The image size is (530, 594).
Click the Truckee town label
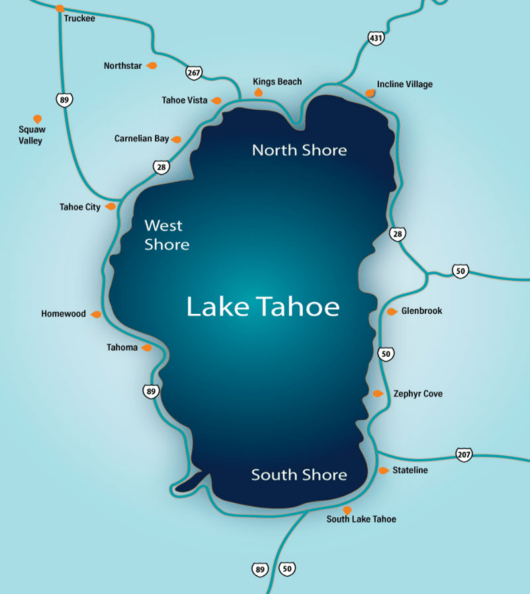(79, 19)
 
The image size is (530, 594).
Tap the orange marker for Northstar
(152, 65)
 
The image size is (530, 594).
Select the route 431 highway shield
(376, 38)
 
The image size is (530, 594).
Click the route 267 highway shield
(193, 73)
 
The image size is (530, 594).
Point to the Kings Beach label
(277, 82)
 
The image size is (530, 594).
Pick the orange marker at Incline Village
(370, 93)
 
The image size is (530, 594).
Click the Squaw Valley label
(32, 135)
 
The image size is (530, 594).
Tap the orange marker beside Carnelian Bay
(176, 139)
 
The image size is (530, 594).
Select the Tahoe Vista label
(184, 100)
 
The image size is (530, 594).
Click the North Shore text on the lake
(299, 150)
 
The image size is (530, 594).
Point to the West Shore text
(167, 235)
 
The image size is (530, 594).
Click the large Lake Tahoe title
(263, 307)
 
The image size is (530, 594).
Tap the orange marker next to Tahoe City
(110, 207)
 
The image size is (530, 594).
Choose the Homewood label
(64, 314)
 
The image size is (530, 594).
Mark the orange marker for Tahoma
(147, 348)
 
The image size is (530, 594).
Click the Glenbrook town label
(421, 311)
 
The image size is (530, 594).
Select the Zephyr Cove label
(418, 394)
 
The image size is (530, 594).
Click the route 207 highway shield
(464, 454)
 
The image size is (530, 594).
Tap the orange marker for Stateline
(384, 470)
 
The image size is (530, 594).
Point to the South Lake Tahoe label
(361, 519)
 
